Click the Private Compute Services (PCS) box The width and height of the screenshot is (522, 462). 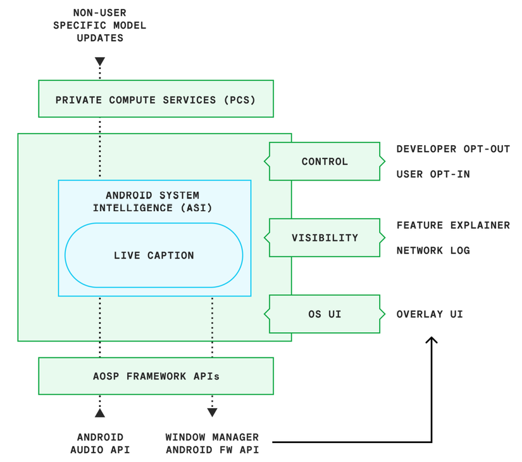[x=156, y=99]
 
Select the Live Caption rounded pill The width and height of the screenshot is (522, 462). [x=154, y=255]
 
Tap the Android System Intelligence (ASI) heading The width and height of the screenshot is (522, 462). [x=152, y=202]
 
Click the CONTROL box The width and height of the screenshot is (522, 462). [x=325, y=162]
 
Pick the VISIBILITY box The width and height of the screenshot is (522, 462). [x=325, y=238]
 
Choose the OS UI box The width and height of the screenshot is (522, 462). [x=325, y=314]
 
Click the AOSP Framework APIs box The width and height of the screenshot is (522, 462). [x=156, y=376]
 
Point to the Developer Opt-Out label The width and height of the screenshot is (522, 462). [x=453, y=149]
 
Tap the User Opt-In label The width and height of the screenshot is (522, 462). [x=433, y=174]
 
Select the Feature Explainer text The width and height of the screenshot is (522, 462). [x=453, y=226]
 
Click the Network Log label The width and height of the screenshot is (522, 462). [x=433, y=250]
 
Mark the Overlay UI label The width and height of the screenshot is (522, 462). [x=430, y=314]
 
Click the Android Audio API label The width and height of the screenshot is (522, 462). [x=100, y=444]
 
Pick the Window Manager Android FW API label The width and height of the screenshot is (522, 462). [x=212, y=444]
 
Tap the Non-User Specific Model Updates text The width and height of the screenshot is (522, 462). [x=100, y=25]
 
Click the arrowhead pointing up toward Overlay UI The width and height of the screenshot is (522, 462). [x=432, y=340]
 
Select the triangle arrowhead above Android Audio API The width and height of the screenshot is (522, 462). [x=100, y=413]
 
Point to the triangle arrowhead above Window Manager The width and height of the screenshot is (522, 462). [x=212, y=413]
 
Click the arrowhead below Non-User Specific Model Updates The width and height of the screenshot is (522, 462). [x=100, y=61]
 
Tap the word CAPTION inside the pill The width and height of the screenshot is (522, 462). [x=170, y=255]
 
